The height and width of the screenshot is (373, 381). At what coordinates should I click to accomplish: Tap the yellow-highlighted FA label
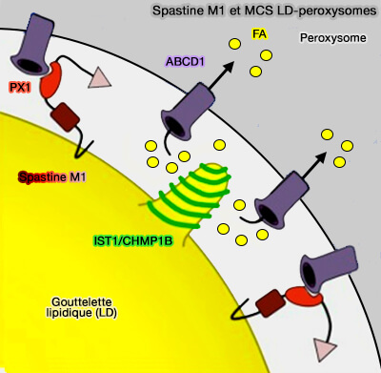tap(259, 33)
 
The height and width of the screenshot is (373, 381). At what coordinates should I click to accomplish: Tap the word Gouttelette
tap(80, 300)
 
